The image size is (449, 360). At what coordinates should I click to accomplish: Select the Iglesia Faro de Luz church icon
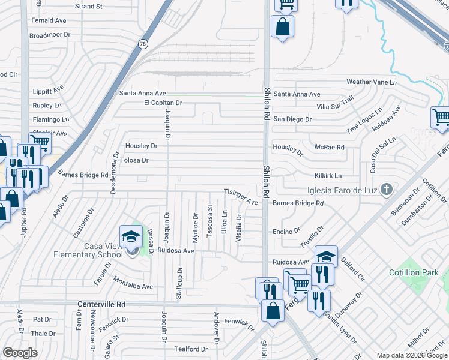click(x=387, y=190)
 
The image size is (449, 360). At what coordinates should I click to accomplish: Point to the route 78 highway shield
click(x=142, y=44)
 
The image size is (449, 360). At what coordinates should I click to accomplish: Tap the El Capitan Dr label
click(x=163, y=103)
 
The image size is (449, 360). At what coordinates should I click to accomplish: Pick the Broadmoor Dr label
click(x=50, y=35)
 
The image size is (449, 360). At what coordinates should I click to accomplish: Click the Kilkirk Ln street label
click(x=328, y=176)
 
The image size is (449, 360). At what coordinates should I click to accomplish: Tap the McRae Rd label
click(x=330, y=147)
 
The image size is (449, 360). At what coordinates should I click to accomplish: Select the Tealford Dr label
click(x=190, y=349)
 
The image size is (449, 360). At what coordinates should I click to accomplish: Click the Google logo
click(x=19, y=353)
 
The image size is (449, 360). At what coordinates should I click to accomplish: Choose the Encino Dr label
click(x=286, y=231)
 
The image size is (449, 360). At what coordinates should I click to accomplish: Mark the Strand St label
click(x=89, y=6)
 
